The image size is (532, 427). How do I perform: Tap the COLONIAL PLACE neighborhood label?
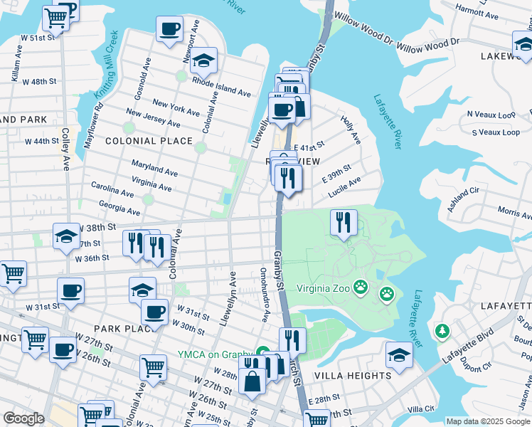(x=149, y=141)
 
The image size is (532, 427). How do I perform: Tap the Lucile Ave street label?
(x=344, y=187)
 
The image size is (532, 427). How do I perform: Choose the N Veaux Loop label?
(x=491, y=114)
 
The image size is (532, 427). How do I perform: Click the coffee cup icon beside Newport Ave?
(x=170, y=30)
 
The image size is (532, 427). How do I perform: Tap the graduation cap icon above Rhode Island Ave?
(x=203, y=61)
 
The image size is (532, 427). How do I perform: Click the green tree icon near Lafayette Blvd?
(x=442, y=332)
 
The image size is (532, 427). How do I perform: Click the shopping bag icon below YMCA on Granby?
(x=252, y=381)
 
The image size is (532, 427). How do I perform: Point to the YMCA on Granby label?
(x=216, y=355)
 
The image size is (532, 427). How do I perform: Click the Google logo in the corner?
(x=23, y=418)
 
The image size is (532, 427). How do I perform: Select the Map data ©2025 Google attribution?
(x=488, y=421)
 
